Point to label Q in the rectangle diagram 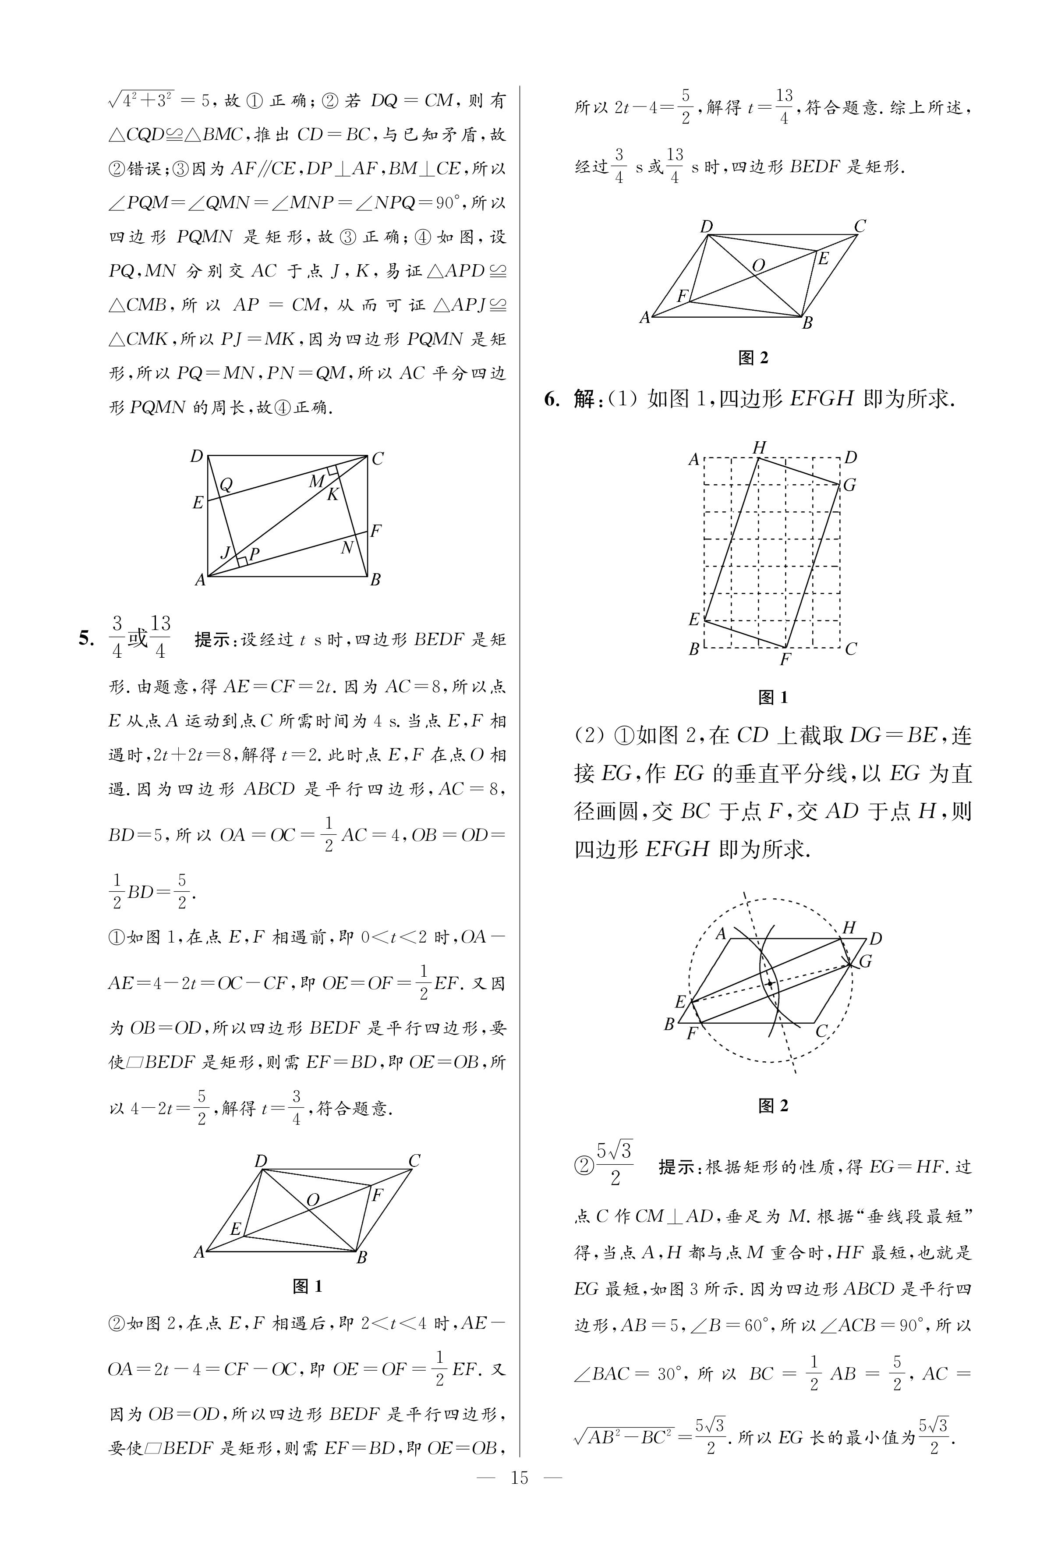[226, 485]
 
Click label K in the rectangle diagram [333, 494]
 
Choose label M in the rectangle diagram [316, 482]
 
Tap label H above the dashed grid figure [760, 448]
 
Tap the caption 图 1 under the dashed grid [773, 697]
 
